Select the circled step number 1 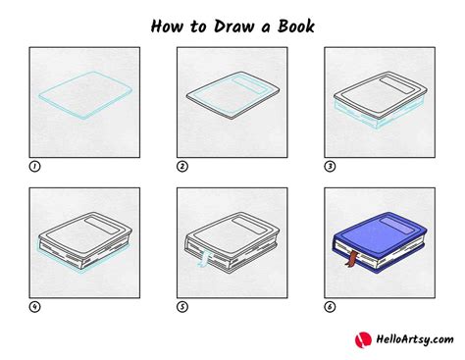(35, 165)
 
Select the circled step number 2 (182, 165)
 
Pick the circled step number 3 (330, 165)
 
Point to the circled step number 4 (35, 306)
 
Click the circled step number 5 (182, 306)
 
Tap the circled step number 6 (330, 306)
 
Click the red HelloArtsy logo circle (365, 340)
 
